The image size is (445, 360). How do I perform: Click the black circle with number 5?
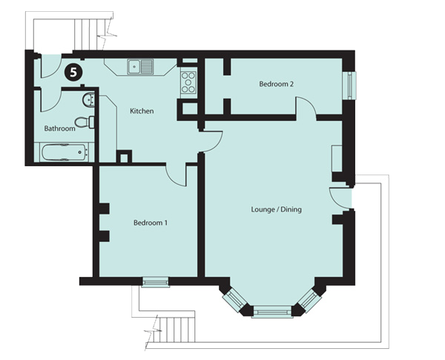[x=73, y=72]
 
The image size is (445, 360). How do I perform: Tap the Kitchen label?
[x=142, y=111]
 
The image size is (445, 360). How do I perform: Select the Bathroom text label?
[x=59, y=128]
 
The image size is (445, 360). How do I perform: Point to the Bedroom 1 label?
[x=150, y=222]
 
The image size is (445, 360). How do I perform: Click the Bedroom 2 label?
[x=276, y=85]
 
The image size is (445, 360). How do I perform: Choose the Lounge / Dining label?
[x=277, y=209]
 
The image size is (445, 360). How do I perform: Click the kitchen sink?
[x=139, y=67]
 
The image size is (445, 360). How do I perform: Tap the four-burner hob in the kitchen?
[x=188, y=82]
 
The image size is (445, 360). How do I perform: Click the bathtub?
[x=65, y=154]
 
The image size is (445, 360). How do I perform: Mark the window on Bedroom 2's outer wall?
[x=349, y=84]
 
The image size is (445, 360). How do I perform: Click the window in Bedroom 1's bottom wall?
[x=155, y=281]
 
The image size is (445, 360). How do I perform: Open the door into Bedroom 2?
[x=306, y=108]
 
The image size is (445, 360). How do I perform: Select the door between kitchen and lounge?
[x=211, y=140]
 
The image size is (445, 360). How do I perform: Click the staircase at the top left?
[x=89, y=29]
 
